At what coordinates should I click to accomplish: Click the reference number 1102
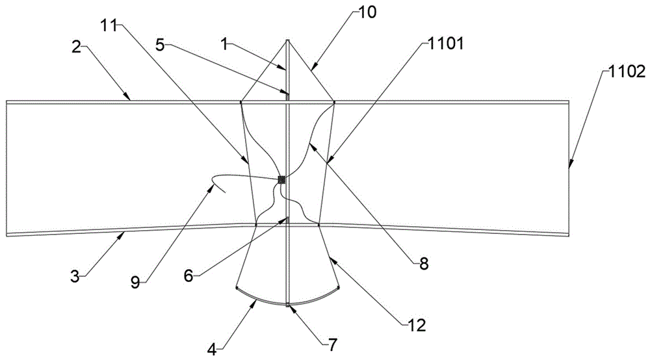tap(627, 72)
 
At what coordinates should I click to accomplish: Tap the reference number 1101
tap(445, 43)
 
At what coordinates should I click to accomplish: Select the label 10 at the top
tap(367, 12)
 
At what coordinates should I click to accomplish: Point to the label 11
tap(109, 25)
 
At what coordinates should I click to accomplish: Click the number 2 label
tap(76, 47)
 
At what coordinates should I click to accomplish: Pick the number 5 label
tap(161, 44)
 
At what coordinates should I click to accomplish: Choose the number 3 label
tap(75, 276)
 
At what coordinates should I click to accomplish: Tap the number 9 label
tap(136, 283)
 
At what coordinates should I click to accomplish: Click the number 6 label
tap(188, 276)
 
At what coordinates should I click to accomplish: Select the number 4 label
tap(212, 350)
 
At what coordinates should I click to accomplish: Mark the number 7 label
tap(333, 344)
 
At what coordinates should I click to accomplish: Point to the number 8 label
tap(423, 264)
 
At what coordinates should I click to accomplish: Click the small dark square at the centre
tap(281, 179)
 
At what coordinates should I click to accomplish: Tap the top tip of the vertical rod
tap(287, 40)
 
